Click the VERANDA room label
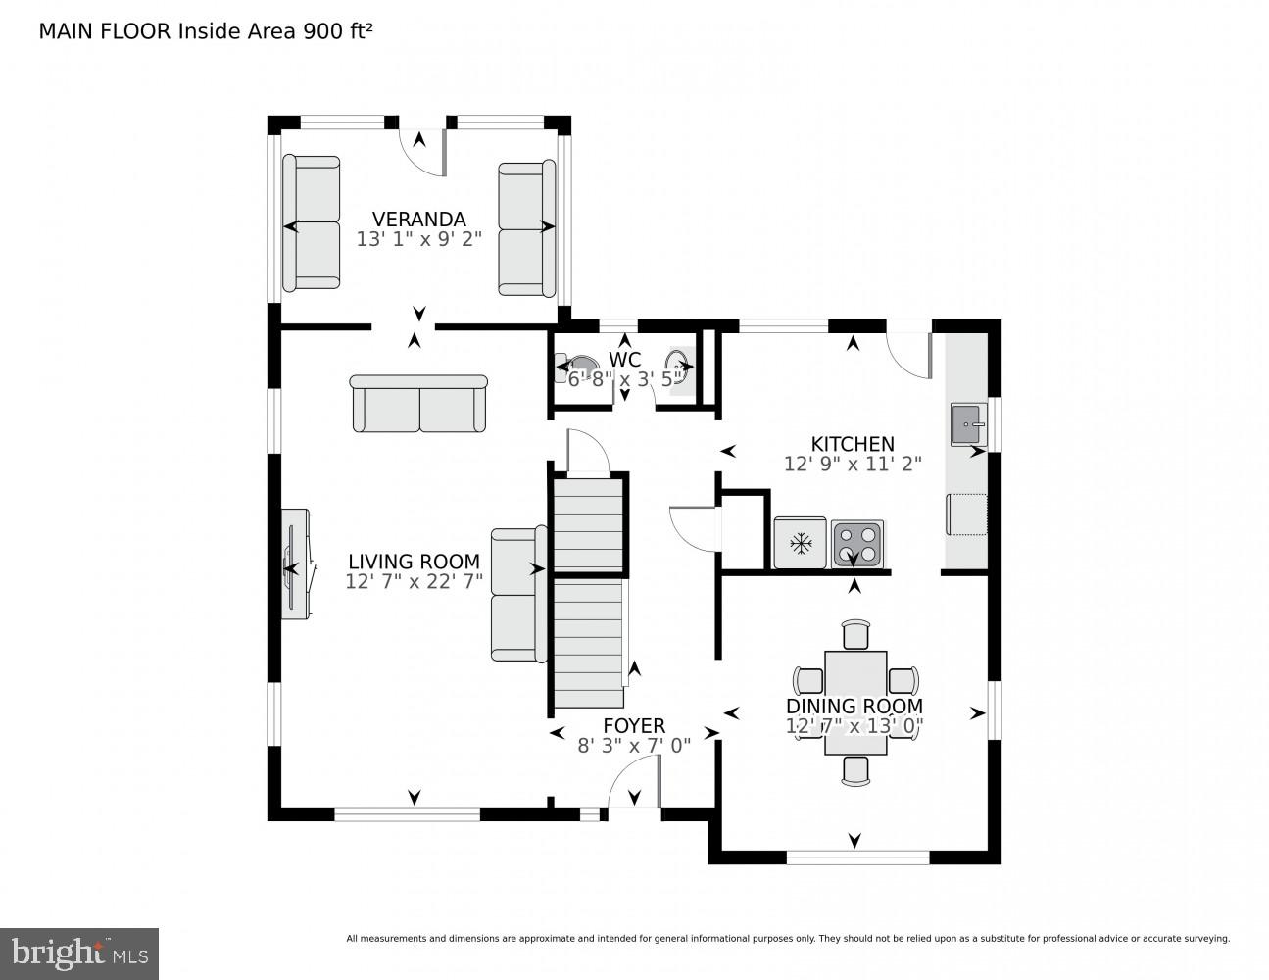(x=418, y=220)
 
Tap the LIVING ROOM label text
(x=414, y=562)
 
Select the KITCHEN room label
(x=852, y=444)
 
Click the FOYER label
(x=633, y=725)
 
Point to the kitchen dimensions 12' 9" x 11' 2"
(x=852, y=465)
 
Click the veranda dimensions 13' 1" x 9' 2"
(x=418, y=239)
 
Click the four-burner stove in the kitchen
(x=856, y=544)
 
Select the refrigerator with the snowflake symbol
(x=801, y=543)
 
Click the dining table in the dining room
(x=855, y=702)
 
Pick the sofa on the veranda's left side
(x=312, y=222)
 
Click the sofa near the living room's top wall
(x=418, y=403)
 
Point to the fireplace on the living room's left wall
(x=297, y=563)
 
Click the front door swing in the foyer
(x=634, y=786)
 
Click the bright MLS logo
(x=78, y=953)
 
